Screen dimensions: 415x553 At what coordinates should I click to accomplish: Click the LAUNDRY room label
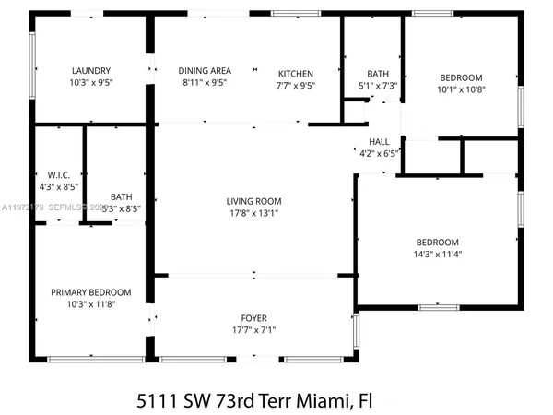(x=91, y=70)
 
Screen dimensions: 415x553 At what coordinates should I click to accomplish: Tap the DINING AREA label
(x=204, y=70)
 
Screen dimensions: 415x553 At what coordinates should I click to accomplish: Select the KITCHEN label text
(x=296, y=74)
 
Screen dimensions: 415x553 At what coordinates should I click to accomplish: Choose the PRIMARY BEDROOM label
(x=90, y=292)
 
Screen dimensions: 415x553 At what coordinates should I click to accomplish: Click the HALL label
(x=377, y=142)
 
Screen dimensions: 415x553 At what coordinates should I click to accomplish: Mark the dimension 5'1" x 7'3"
(x=378, y=86)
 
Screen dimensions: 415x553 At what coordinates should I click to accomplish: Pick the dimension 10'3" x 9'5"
(x=91, y=82)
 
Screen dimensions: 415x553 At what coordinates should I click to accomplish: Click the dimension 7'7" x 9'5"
(x=296, y=86)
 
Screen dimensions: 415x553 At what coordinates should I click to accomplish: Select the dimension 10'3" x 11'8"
(x=90, y=304)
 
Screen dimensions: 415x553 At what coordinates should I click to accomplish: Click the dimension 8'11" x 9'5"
(x=204, y=82)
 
